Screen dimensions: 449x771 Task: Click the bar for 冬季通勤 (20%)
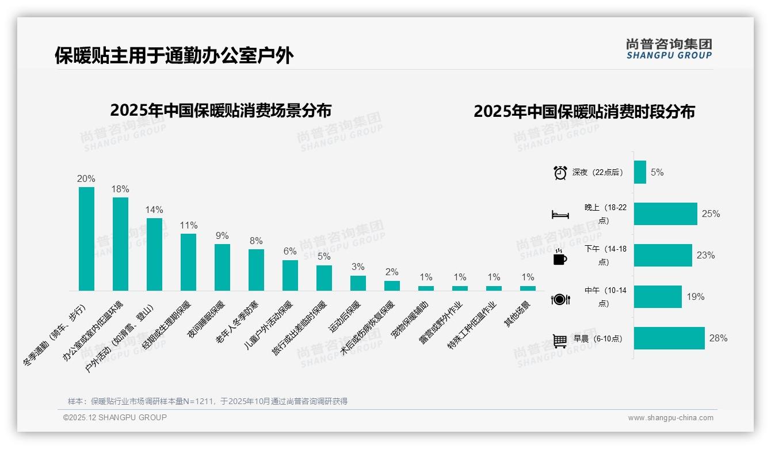[x=86, y=239]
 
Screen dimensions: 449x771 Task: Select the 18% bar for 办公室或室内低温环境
[x=120, y=244]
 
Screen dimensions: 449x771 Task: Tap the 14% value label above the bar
[x=154, y=210]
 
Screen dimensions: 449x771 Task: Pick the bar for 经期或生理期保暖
[x=188, y=262]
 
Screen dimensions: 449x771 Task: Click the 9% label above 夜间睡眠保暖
[x=222, y=235]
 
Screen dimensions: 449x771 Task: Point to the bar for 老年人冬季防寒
[x=256, y=270]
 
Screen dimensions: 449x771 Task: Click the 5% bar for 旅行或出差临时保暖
[x=324, y=278]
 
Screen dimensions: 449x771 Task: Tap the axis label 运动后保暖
[x=344, y=317]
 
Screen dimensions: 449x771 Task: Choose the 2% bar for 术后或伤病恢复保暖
[x=392, y=286]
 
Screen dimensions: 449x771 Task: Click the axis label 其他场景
[x=517, y=314]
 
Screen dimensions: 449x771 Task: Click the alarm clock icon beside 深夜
[x=560, y=173]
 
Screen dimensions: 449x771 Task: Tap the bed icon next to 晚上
[x=560, y=215]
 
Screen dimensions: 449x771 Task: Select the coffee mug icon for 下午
[x=560, y=257]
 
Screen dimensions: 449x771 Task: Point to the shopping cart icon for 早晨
[x=560, y=341]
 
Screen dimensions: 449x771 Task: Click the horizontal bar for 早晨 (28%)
[x=669, y=338]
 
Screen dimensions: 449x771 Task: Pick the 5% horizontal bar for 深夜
[x=640, y=172]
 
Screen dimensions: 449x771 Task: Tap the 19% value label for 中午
[x=695, y=297]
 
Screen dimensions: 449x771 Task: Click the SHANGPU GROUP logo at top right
[x=669, y=49]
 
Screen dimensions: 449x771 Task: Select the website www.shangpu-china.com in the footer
[x=670, y=418]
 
